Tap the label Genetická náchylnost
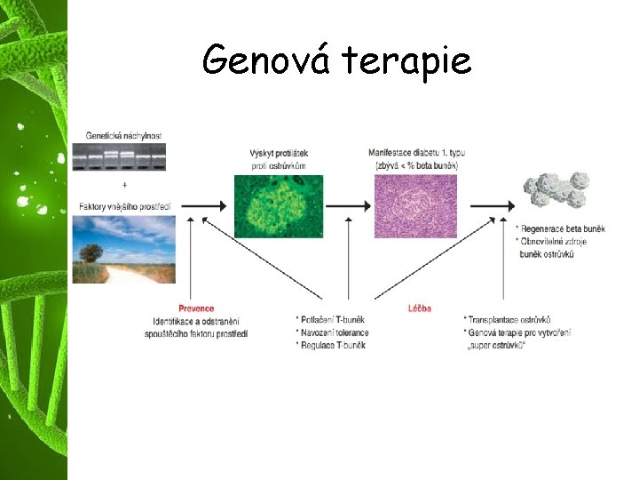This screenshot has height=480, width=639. click(x=124, y=135)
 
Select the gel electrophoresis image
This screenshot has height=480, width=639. click(x=124, y=161)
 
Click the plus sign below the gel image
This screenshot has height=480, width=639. click(x=124, y=185)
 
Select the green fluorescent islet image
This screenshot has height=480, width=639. click(x=278, y=206)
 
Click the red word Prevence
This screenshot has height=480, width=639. click(x=196, y=308)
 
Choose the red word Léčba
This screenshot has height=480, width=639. click(x=420, y=308)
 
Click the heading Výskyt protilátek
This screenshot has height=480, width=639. click(x=279, y=153)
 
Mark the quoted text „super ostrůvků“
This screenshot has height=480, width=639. click(x=497, y=345)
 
